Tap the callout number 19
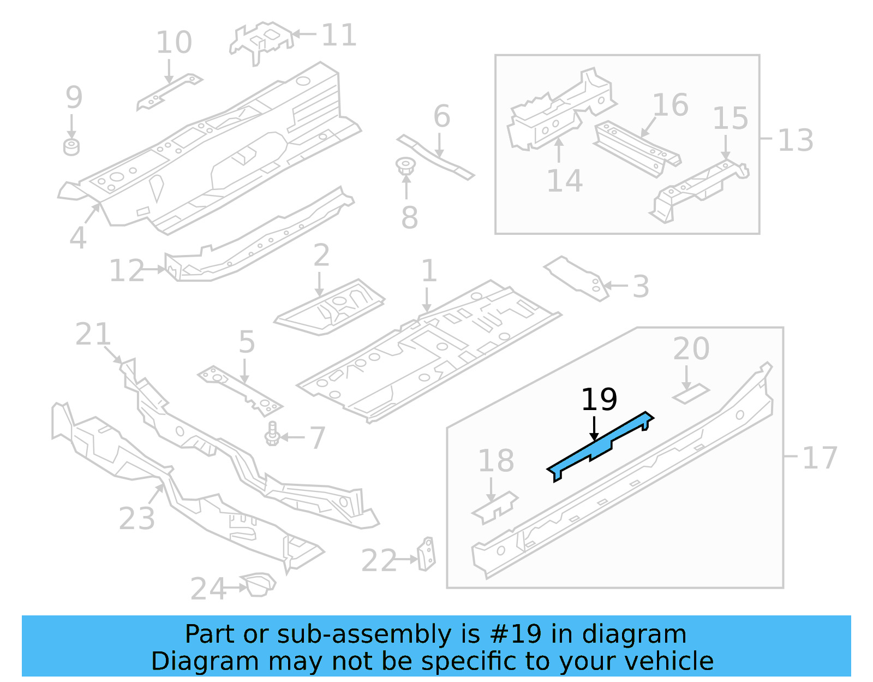tap(599, 400)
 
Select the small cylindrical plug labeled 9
tap(71, 147)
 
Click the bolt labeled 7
tap(272, 434)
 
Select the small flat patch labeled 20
tap(691, 394)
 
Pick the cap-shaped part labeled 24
tap(259, 584)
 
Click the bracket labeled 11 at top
tap(260, 40)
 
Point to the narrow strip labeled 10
tap(169, 91)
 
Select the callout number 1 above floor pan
tap(429, 271)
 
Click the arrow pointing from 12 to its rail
tap(155, 269)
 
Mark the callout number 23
tap(136, 518)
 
